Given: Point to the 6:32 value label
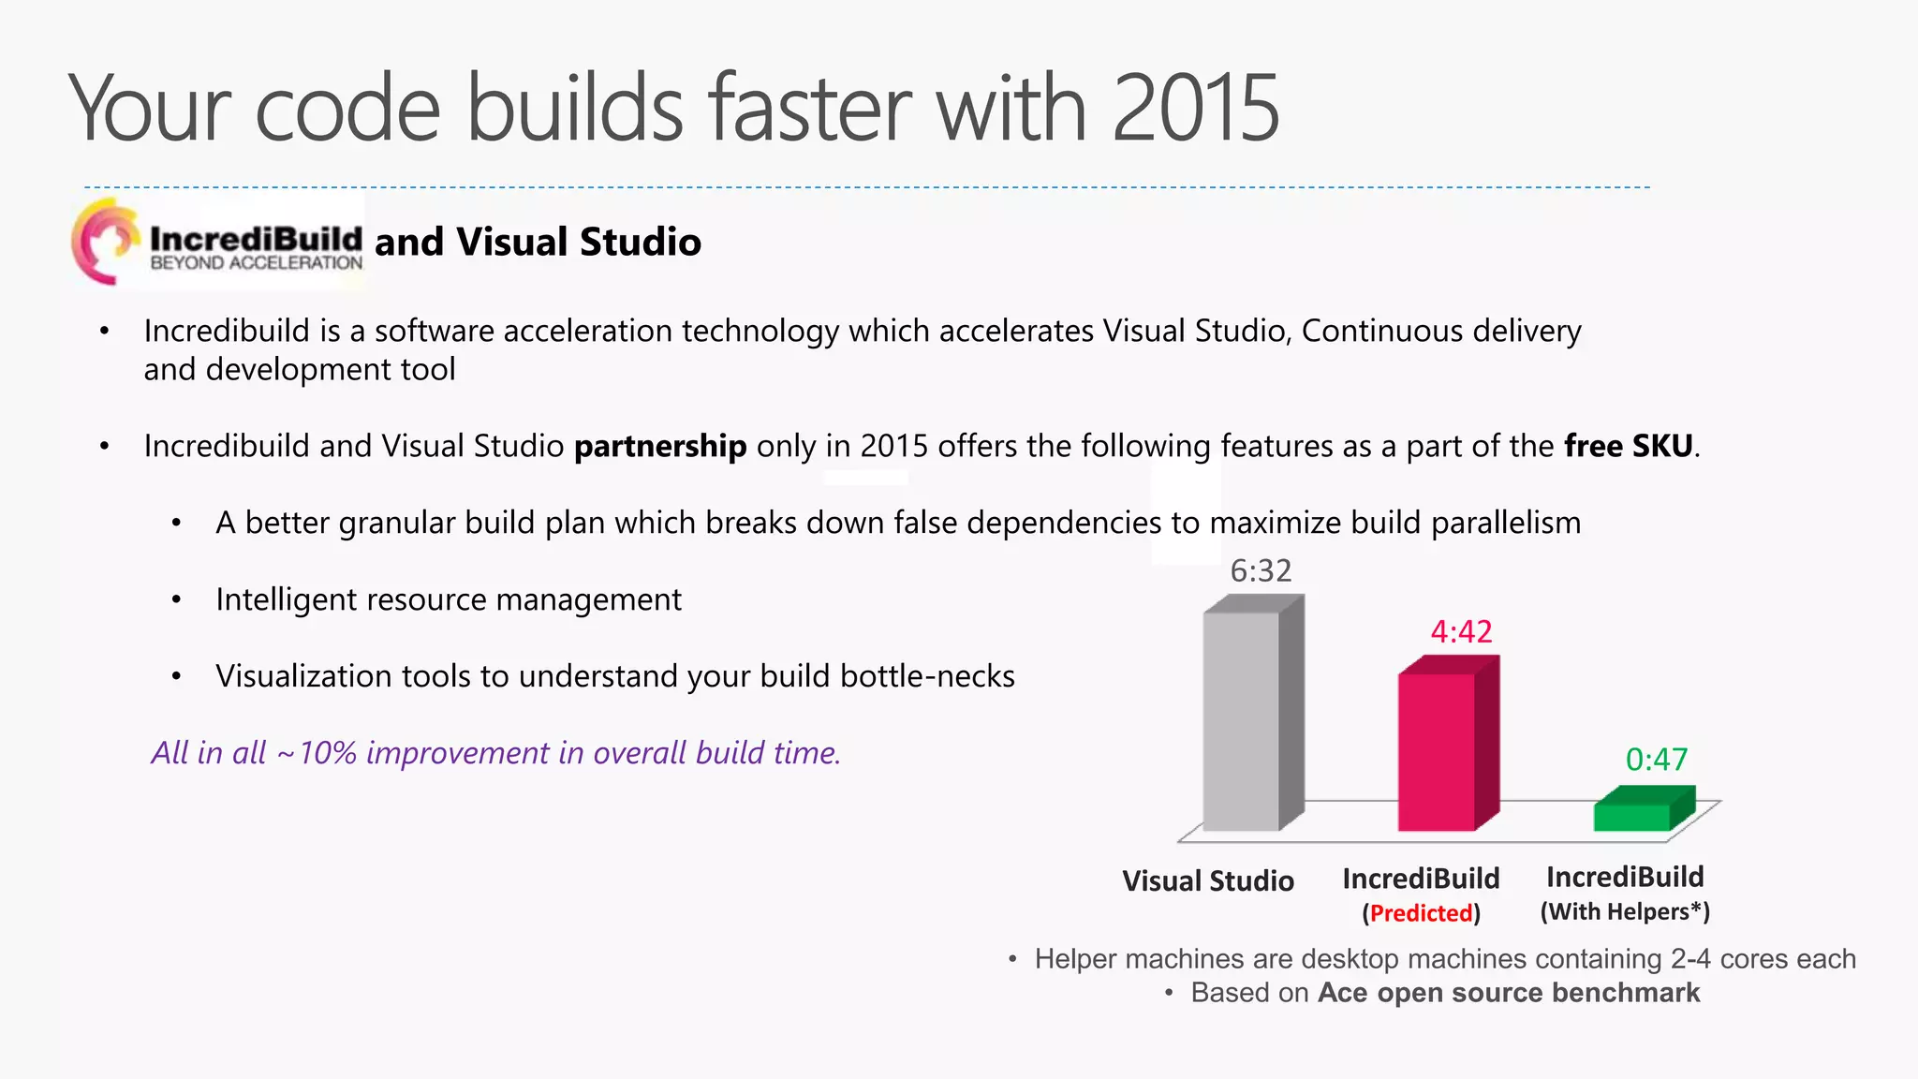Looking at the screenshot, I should (1261, 570).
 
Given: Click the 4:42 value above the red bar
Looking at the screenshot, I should (1461, 632).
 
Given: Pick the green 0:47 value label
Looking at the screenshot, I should (1656, 760).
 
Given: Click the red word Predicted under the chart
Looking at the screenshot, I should (1421, 913).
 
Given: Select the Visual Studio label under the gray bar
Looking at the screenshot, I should (1208, 881).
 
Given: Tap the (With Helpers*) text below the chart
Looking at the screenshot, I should (1625, 911).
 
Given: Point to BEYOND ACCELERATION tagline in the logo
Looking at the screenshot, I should (256, 264).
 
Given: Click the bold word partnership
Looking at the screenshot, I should (660, 447).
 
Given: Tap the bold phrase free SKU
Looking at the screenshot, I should (1629, 447).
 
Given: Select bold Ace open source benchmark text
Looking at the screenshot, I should (1508, 993).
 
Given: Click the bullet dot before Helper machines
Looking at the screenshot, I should (1012, 960).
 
